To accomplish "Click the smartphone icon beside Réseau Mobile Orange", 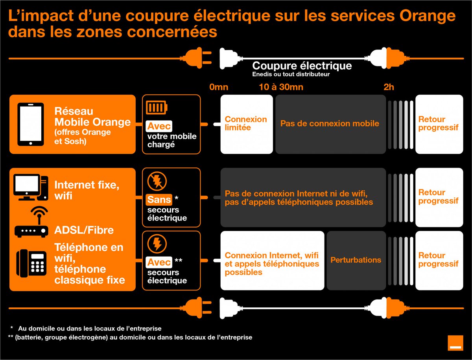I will coord(31,124).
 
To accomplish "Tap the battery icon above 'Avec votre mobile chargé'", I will coord(157,107).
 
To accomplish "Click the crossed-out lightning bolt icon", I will coord(157,181).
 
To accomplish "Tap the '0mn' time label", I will coord(219,87).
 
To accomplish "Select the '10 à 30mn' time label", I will coord(281,87).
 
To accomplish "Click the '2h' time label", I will coord(389,87).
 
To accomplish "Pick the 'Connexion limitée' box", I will coord(246,124).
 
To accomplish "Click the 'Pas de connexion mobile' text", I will coord(330,123).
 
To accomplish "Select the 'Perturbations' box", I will coord(356,260).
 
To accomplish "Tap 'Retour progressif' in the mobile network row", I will coord(439,123).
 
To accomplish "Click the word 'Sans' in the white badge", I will coord(159,200).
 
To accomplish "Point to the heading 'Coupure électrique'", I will coord(302,65).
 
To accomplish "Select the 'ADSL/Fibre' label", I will coord(84,230).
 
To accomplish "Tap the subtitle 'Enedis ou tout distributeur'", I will coord(291,74).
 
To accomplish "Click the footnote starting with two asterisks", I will coord(130,337).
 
